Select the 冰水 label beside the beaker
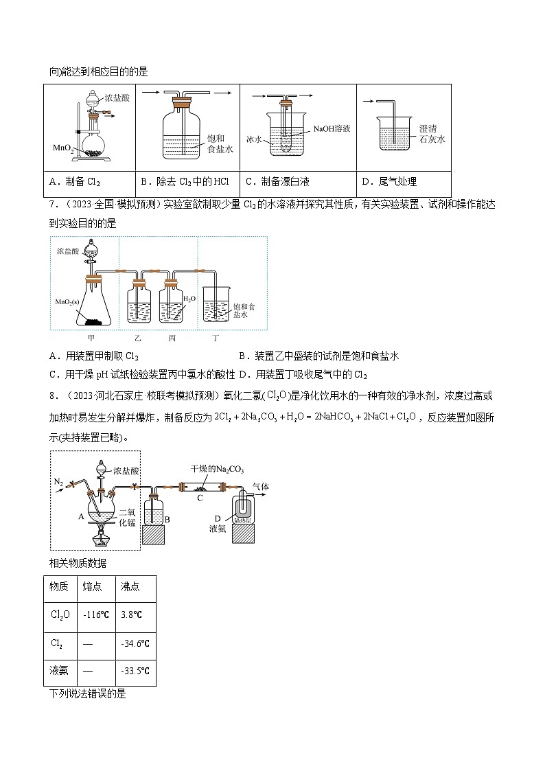(254, 139)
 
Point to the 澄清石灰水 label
(432, 133)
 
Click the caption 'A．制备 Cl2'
(75, 182)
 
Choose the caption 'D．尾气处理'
(389, 182)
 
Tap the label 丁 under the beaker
(217, 338)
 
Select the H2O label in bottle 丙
(189, 299)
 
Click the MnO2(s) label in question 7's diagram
(69, 301)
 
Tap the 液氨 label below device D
(217, 529)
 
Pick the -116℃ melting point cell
(94, 615)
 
